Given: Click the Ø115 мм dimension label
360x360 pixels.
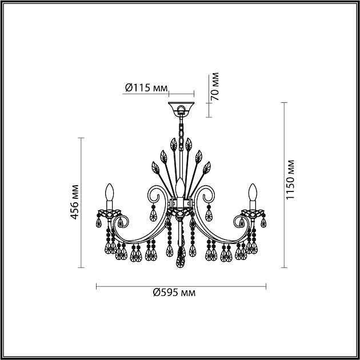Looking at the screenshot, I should point(146,87).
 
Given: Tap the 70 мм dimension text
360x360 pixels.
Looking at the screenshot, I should point(215,87).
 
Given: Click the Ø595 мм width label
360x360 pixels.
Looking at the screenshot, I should point(175,293).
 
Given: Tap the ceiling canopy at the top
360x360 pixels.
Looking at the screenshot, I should point(181,108).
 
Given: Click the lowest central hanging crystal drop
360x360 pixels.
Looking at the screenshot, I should point(181,263).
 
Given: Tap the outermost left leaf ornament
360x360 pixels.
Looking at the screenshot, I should point(155,168).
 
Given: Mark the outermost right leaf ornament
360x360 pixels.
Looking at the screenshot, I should point(206,168).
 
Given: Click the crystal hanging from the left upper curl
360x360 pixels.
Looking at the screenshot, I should point(153,214).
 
